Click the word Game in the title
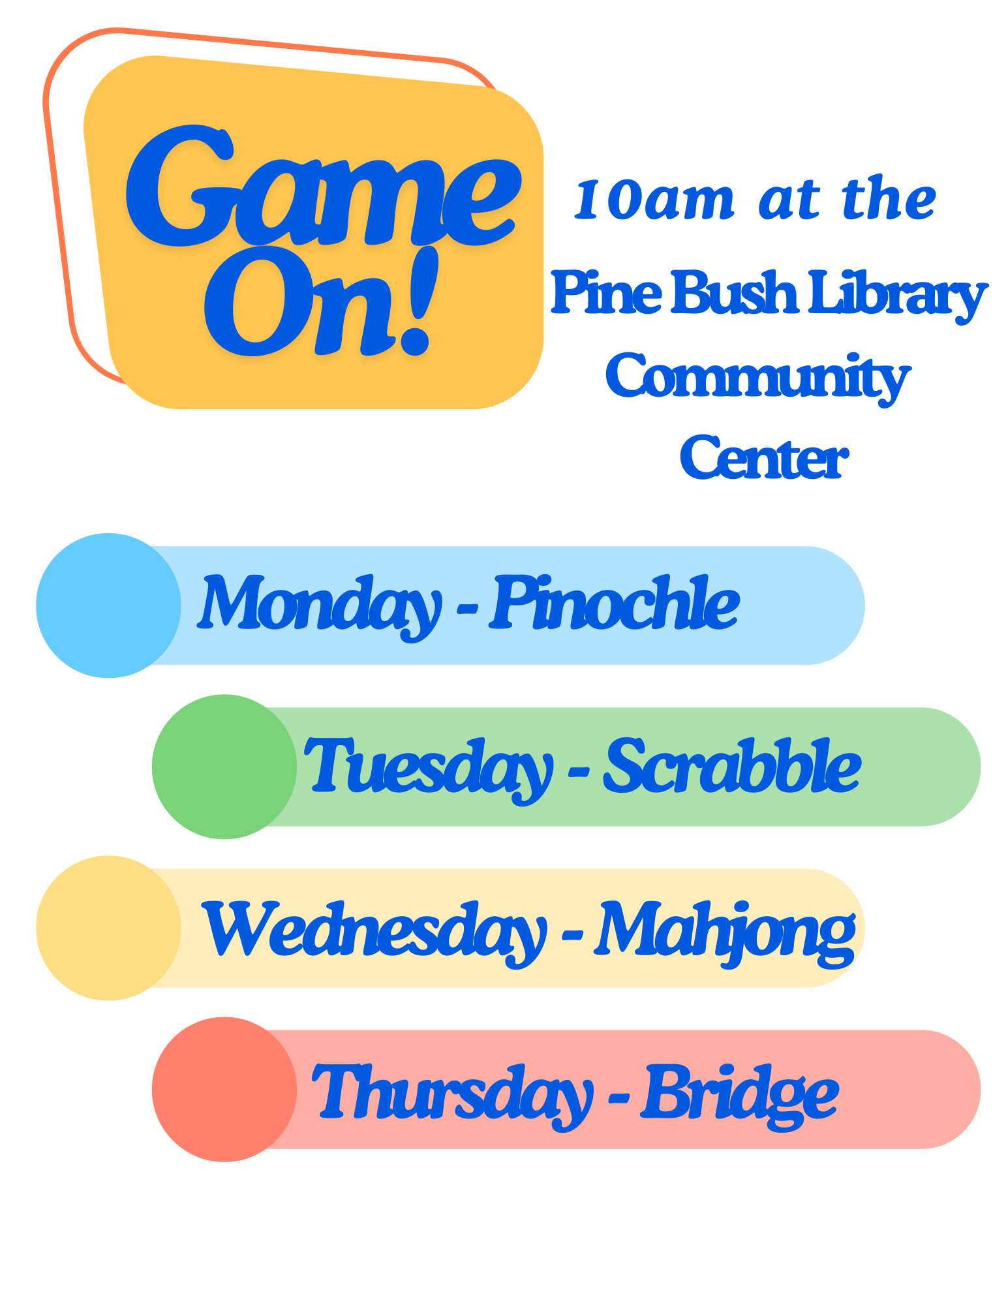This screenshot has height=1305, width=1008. point(324,186)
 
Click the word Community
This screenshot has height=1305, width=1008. point(757,378)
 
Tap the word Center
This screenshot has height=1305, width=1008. point(763,458)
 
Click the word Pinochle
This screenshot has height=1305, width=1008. point(615,602)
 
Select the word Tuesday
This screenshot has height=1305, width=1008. point(429,769)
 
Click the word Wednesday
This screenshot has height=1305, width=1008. point(374,932)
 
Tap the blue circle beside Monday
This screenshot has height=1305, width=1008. point(108,606)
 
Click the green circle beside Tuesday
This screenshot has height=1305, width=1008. point(224,767)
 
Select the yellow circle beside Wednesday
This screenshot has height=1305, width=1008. point(108,928)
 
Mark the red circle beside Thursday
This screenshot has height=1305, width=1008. point(224,1089)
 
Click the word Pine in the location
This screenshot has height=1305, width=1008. point(606,292)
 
